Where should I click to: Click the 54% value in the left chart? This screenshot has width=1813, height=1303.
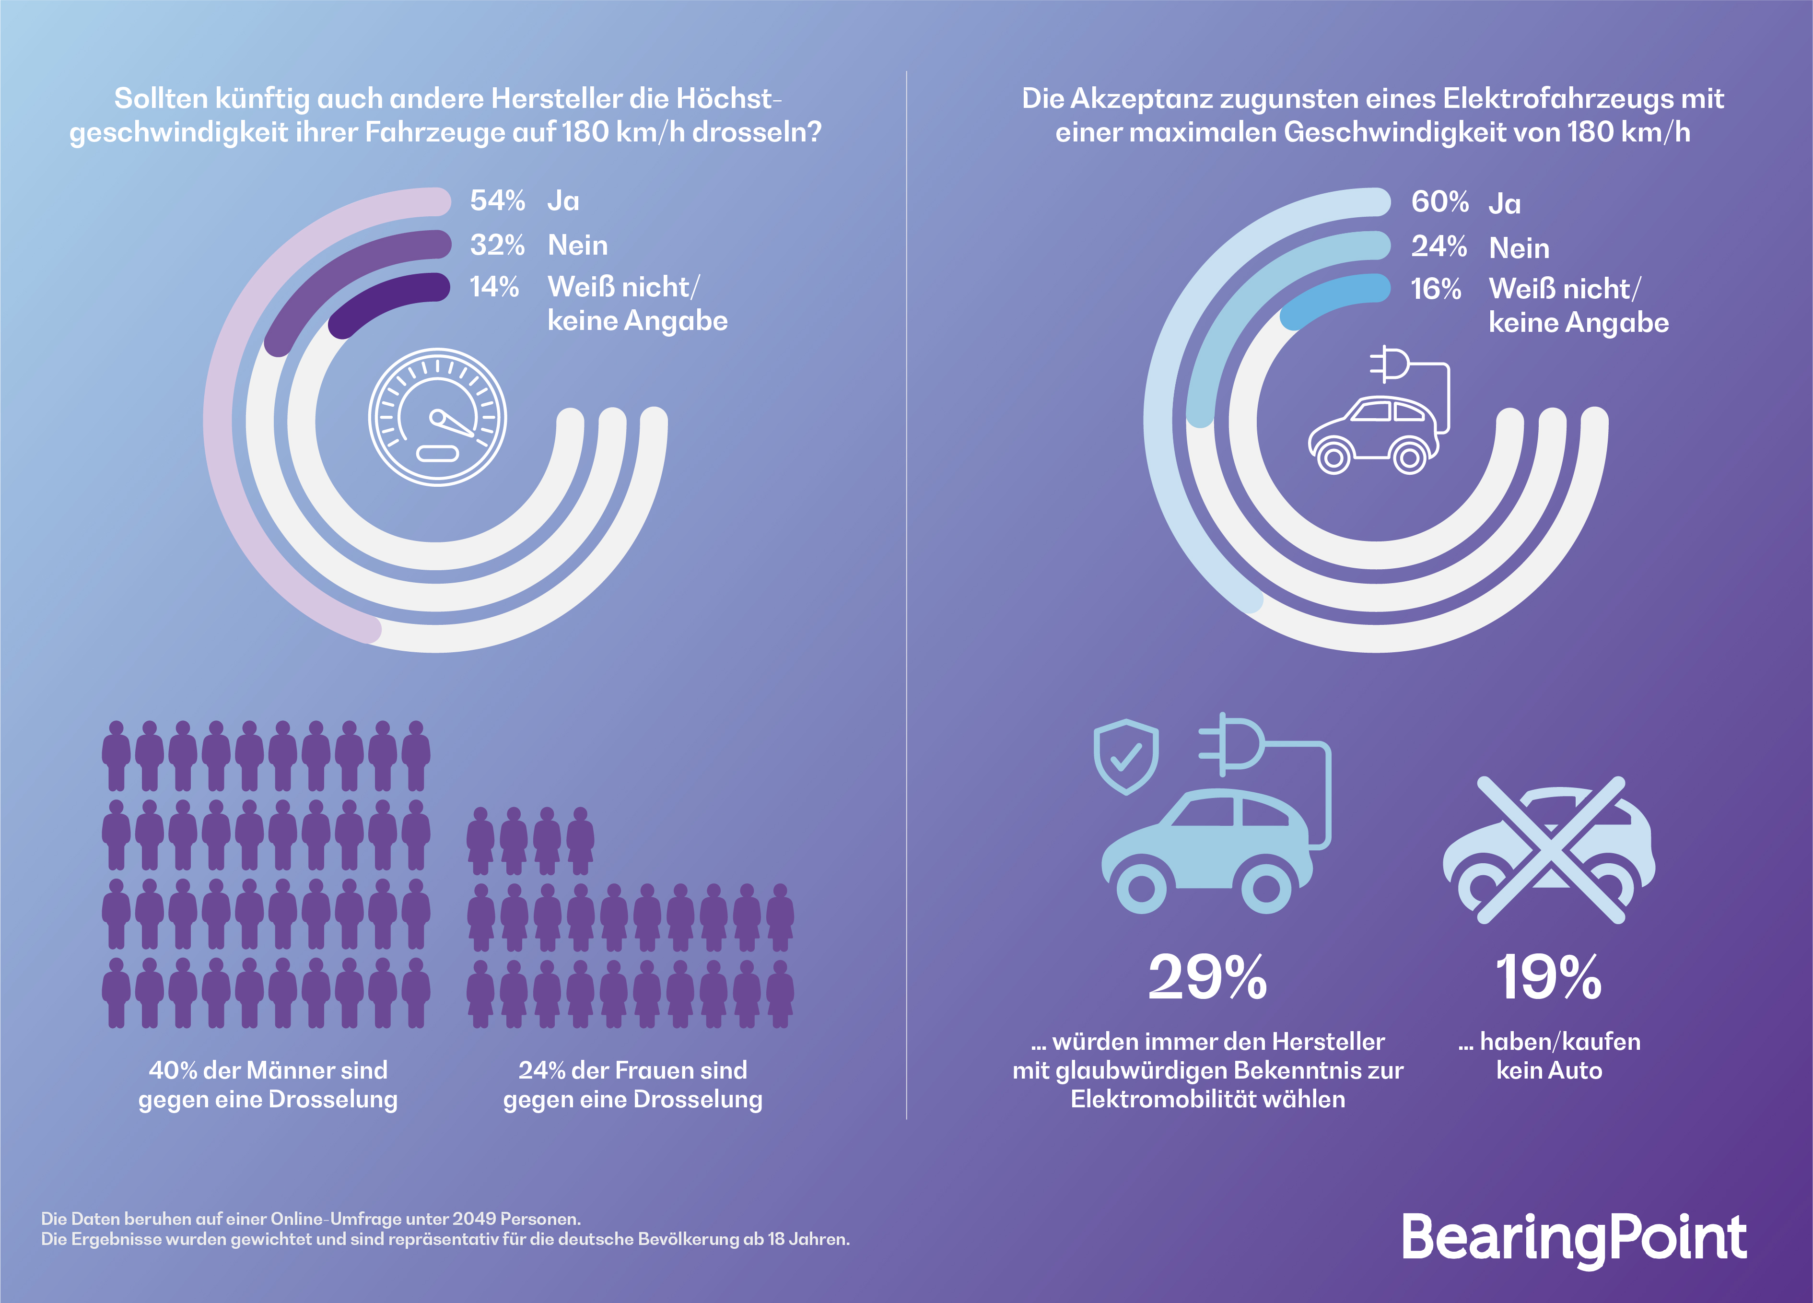pyautogui.click(x=497, y=200)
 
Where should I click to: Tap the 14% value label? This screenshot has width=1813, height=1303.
pyautogui.click(x=494, y=287)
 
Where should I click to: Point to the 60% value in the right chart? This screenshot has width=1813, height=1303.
pyautogui.click(x=1439, y=202)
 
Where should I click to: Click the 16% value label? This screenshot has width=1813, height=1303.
pyautogui.click(x=1436, y=289)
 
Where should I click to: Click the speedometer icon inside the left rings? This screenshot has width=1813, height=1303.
pyautogui.click(x=437, y=416)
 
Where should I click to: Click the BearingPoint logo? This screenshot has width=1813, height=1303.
pyautogui.click(x=1573, y=1238)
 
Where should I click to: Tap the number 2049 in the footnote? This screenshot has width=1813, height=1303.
pyautogui.click(x=474, y=1219)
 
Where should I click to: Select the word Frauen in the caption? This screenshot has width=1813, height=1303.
pyautogui.click(x=655, y=1070)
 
